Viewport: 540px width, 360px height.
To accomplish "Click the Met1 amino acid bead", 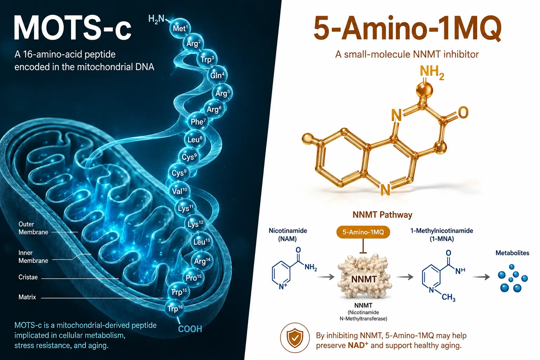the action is coord(180,28).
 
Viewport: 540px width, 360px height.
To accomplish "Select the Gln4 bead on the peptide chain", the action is coord(217,75).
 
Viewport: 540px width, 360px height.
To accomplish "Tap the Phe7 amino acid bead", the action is coord(198,122).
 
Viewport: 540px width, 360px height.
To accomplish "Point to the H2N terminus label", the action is coord(156,19).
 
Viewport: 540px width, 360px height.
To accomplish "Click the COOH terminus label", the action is coord(190,329).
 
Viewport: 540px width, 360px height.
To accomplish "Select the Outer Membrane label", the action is coord(33,228).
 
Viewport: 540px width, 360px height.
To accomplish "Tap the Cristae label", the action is coord(28,277).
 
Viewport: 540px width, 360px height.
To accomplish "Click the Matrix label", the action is coord(27,297).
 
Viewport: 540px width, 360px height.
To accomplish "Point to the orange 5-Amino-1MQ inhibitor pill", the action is coord(363,232).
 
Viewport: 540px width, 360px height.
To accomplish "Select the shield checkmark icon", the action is coord(295,338).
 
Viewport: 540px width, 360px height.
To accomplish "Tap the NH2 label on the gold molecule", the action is coord(432,73).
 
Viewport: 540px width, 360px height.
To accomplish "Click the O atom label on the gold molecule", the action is coord(463,112).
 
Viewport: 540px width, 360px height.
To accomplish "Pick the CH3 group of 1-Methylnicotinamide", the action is coord(448,297).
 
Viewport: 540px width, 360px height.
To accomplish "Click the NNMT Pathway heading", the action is coord(382,214).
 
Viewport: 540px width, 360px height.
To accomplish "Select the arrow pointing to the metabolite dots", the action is coord(481,277).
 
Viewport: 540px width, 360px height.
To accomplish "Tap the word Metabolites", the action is coord(512,253).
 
